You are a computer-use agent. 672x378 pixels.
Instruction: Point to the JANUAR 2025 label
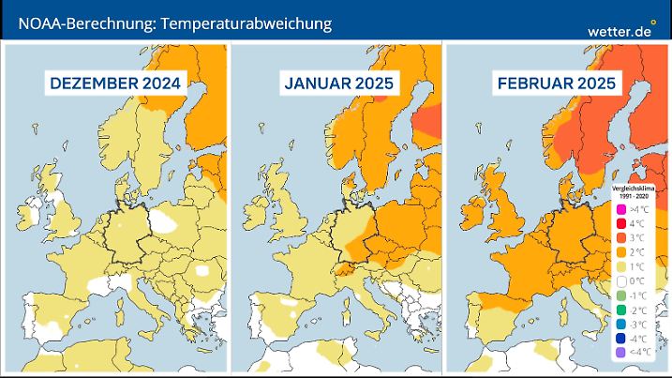pyautogui.click(x=337, y=84)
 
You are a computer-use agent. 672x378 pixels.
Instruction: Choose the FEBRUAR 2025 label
pyautogui.click(x=557, y=84)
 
